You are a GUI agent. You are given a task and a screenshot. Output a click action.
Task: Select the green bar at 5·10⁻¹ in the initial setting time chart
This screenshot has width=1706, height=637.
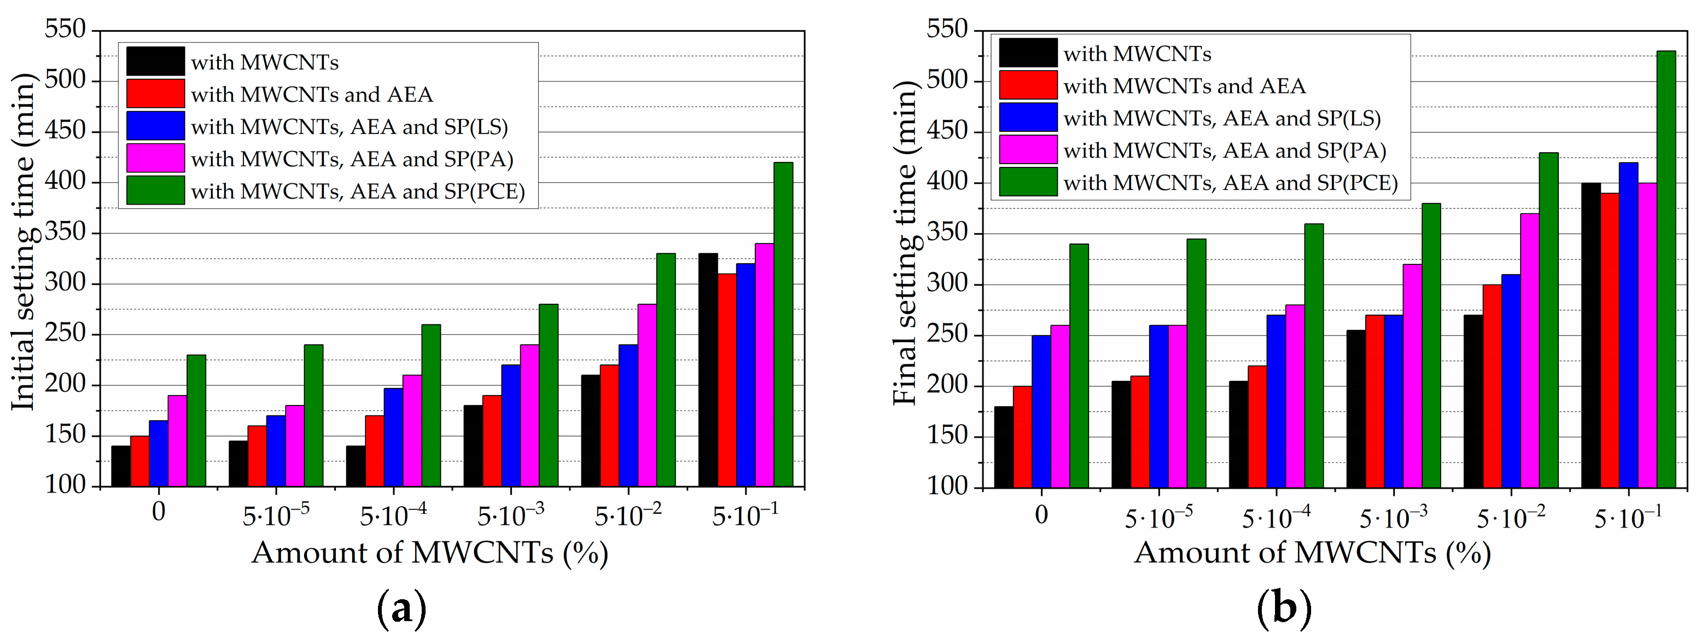(783, 325)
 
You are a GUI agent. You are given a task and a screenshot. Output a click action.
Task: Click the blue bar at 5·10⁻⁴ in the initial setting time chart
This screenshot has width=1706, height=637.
(393, 437)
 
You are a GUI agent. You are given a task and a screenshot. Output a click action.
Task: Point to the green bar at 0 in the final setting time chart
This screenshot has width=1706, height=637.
(1079, 365)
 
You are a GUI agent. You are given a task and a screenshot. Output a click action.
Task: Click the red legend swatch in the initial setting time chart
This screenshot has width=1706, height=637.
(156, 94)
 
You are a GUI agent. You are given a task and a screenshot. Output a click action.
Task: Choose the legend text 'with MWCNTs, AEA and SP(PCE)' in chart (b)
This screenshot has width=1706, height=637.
(1231, 183)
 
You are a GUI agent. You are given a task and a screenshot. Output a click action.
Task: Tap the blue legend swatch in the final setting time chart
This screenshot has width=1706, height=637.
(1028, 117)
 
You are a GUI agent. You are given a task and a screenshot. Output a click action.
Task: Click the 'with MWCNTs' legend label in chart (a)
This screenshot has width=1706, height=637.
(265, 62)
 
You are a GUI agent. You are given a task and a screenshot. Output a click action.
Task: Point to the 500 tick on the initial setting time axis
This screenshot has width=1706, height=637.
(66, 80)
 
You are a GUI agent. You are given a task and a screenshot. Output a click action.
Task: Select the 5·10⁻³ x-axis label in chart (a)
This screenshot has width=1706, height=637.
(511, 515)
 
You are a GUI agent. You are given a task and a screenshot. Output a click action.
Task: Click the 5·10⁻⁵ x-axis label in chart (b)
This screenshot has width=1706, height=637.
(1158, 517)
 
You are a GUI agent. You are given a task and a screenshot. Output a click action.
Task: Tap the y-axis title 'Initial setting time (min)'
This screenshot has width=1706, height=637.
(23, 242)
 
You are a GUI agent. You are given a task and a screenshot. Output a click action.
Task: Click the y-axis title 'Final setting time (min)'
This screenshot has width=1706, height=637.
(905, 242)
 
